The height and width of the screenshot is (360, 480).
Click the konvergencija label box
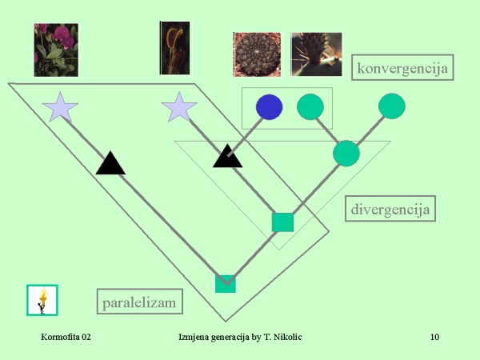point(402,66)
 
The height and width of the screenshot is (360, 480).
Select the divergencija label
point(390,210)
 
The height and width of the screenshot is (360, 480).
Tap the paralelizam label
point(138,302)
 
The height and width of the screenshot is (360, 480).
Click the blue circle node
point(269,106)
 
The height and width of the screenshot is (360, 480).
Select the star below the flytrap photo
point(178,107)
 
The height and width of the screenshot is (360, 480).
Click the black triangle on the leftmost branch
point(111,163)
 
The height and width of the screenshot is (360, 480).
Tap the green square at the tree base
point(226,283)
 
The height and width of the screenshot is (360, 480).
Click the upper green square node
point(282,222)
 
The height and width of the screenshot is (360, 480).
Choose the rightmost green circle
point(392,106)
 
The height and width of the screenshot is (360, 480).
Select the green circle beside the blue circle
point(310,106)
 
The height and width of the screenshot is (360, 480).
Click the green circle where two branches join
point(346,152)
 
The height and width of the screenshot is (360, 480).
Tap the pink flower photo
point(56,49)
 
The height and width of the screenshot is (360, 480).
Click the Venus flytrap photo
point(174,48)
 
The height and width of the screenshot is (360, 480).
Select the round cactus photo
point(257,54)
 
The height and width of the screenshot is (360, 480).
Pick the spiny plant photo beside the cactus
point(316,54)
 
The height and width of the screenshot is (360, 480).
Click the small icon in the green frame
point(42,300)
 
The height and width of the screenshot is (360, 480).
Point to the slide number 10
point(434,337)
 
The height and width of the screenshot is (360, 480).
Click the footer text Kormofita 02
point(66,337)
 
